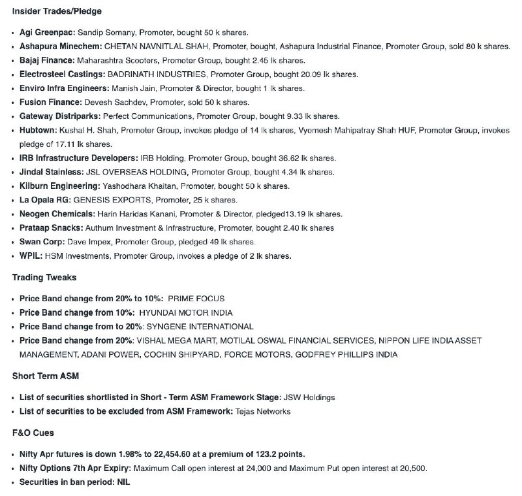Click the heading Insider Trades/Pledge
click(57, 11)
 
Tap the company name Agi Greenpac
click(47, 32)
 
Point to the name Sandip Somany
click(105, 32)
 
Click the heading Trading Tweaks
click(44, 278)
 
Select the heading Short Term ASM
click(46, 376)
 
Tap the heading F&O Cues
click(33, 433)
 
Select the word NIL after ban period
click(123, 482)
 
